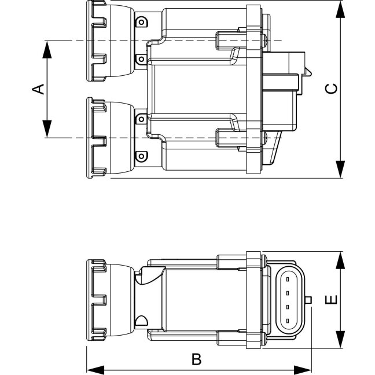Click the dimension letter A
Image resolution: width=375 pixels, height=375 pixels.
[38, 89]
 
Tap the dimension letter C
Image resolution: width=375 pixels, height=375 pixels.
[332, 89]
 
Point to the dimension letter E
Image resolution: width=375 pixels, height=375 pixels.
[332, 300]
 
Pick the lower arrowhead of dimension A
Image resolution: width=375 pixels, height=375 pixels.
[47, 129]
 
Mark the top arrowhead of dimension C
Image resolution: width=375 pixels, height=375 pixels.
[340, 9]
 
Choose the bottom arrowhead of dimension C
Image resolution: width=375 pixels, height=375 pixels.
[340, 170]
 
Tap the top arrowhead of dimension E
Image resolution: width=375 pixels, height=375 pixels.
[340, 260]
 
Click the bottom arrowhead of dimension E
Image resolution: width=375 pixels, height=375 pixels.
[340, 339]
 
